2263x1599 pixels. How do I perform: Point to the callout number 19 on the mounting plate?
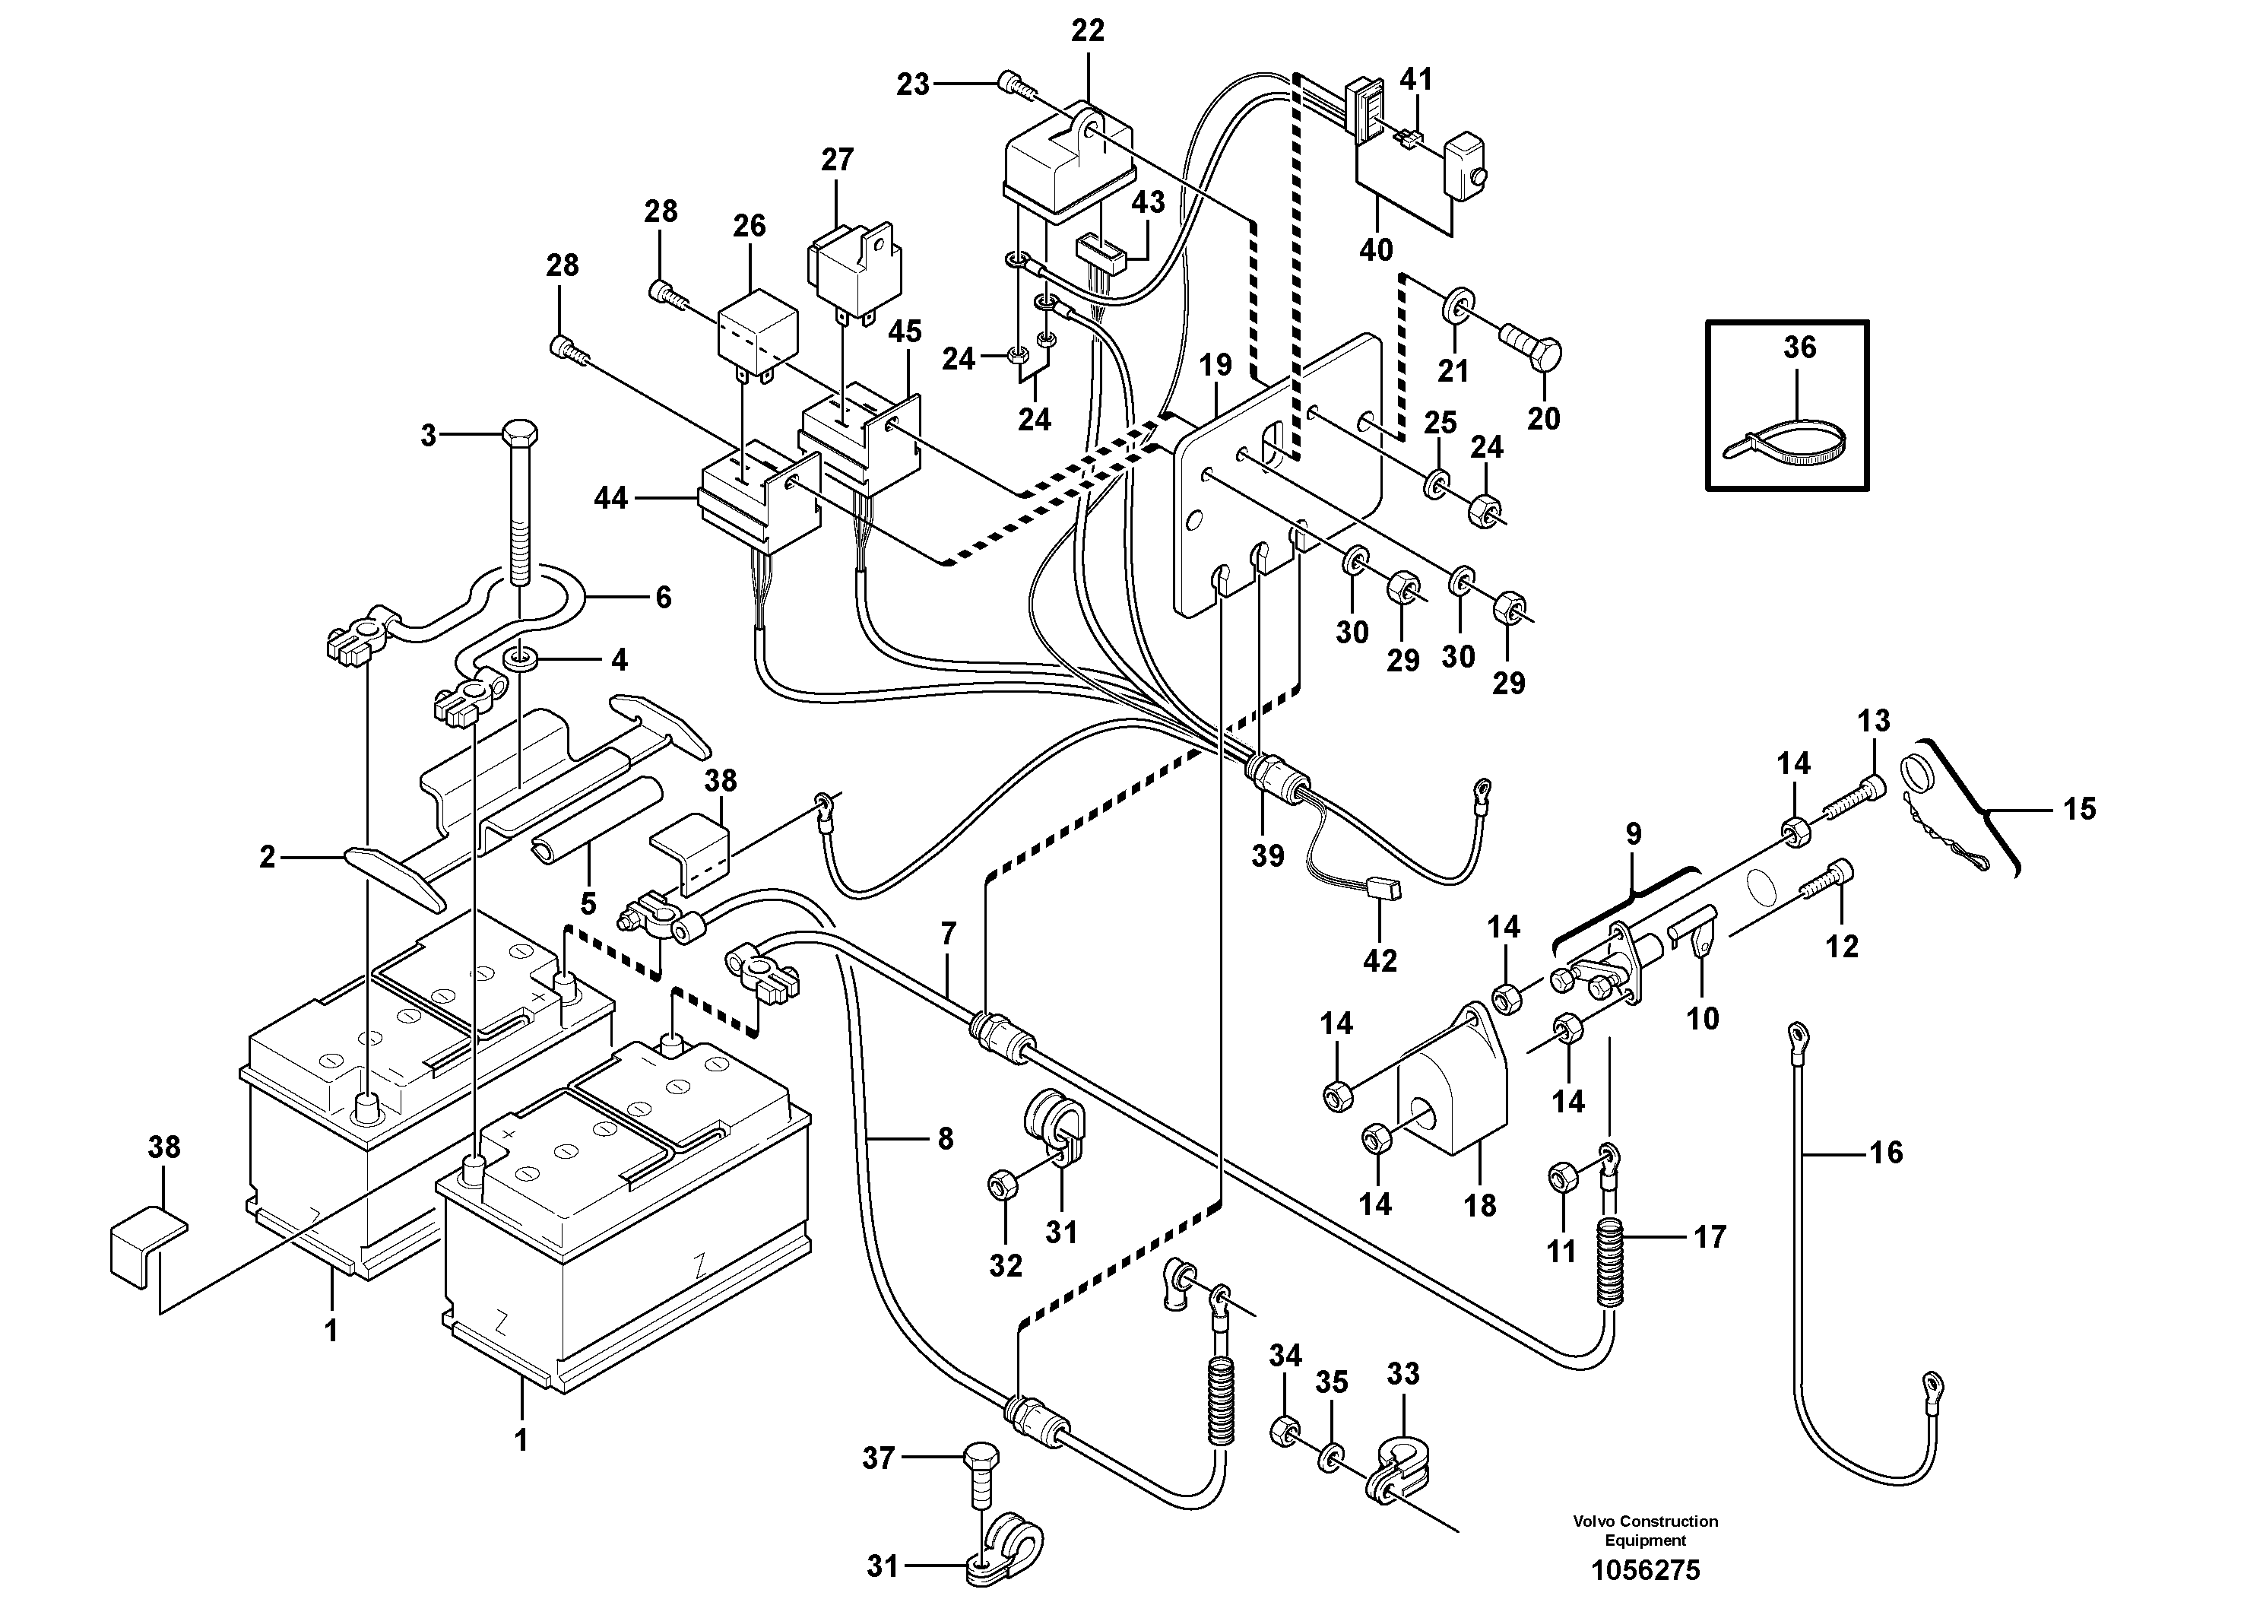1215,365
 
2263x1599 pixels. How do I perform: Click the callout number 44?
610,498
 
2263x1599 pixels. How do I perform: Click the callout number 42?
1379,960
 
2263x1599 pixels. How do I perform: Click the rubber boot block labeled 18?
1451,1109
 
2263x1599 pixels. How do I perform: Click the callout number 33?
1402,1373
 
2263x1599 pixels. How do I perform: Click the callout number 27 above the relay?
837,159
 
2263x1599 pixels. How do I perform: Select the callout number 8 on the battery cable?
945,1139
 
